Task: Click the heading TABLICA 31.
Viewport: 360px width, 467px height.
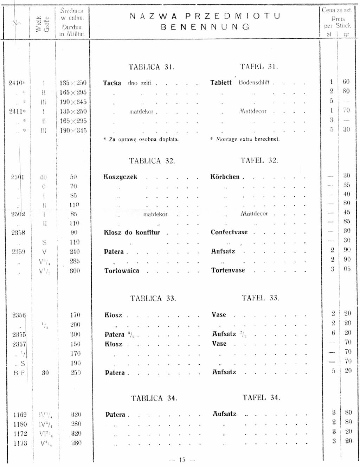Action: click(152, 67)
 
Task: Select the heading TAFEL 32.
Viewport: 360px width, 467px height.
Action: click(259, 161)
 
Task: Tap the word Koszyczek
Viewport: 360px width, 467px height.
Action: click(120, 177)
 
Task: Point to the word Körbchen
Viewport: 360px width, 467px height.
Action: click(225, 177)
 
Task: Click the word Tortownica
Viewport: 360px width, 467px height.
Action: click(122, 271)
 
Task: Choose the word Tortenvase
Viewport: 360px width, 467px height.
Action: click(228, 270)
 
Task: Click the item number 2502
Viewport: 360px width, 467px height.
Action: click(18, 214)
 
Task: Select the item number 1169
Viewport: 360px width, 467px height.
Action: click(20, 415)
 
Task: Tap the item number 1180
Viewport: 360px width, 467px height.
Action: click(20, 424)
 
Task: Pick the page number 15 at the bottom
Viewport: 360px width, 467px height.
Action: click(182, 460)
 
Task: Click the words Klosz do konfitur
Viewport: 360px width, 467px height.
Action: click(132, 232)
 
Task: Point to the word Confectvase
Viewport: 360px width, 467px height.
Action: click(229, 232)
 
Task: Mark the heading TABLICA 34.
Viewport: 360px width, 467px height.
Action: click(154, 398)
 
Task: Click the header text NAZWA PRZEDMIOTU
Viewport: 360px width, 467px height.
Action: click(205, 16)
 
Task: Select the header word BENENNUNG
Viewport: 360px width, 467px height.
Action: click(205, 27)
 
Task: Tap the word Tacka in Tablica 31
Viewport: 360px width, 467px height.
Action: click(112, 83)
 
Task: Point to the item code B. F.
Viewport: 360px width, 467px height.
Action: click(19, 373)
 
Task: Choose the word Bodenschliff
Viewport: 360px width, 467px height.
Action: click(254, 82)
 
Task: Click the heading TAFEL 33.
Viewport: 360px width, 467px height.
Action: click(260, 298)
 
